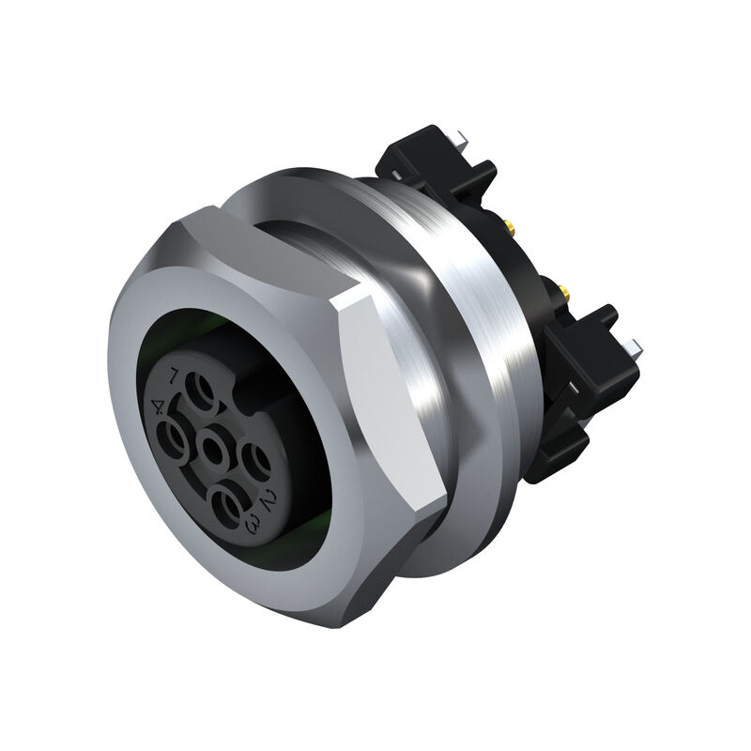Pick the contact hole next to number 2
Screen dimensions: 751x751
[x=254, y=462]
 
